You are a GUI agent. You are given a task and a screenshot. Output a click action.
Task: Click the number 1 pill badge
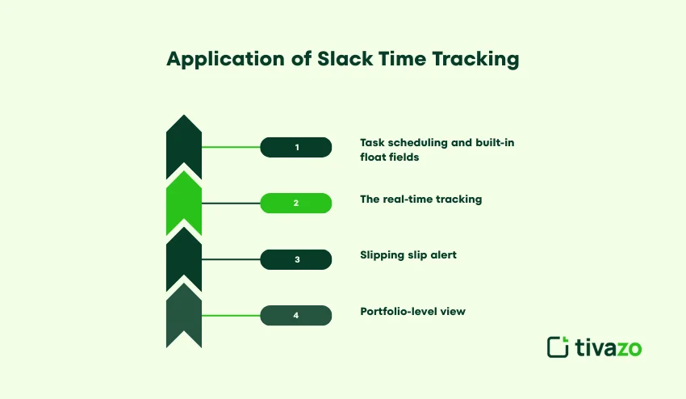click(296, 147)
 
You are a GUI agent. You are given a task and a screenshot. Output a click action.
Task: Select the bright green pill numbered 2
click(296, 203)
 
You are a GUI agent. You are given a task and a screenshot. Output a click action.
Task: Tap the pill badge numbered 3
click(296, 259)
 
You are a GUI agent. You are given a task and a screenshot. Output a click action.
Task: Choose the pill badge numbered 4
click(296, 315)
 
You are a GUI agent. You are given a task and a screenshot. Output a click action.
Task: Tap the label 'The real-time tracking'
click(420, 199)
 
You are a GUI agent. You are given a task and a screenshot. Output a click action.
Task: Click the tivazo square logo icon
click(558, 346)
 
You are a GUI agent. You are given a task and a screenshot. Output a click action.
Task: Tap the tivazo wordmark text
click(609, 347)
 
